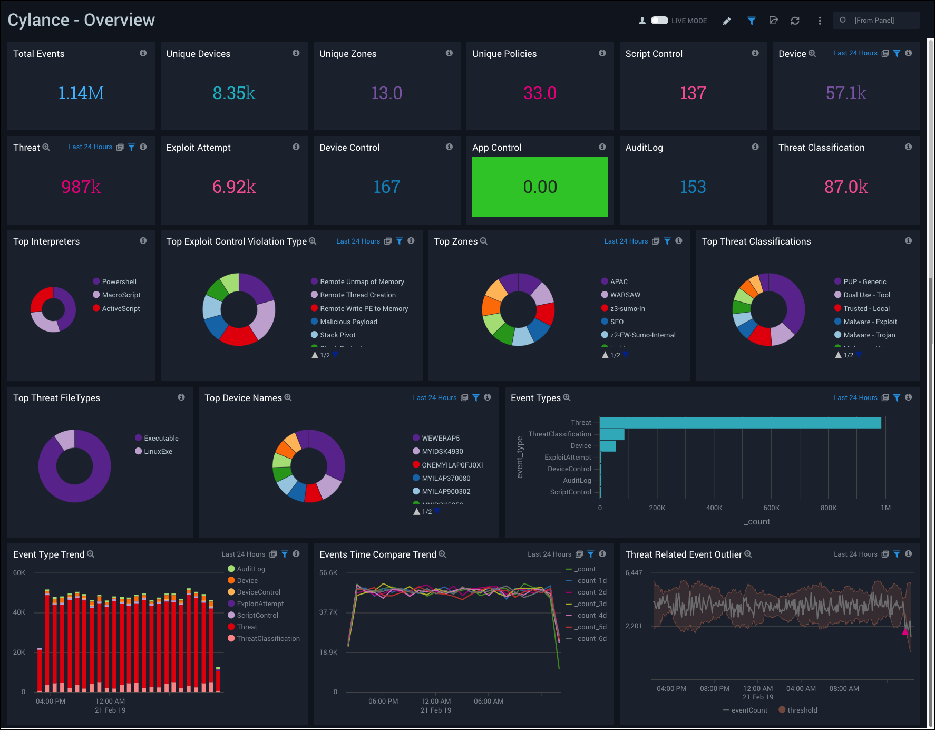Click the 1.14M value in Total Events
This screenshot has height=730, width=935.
pyautogui.click(x=81, y=93)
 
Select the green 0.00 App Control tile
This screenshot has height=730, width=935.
pyautogui.click(x=540, y=187)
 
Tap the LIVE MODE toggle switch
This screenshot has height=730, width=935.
pyautogui.click(x=659, y=21)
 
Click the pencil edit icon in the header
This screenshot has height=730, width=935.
pyautogui.click(x=726, y=21)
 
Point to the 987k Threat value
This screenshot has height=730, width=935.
pyautogui.click(x=81, y=187)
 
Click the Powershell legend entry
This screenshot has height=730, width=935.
pyautogui.click(x=119, y=281)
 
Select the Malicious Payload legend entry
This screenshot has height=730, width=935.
pyautogui.click(x=348, y=322)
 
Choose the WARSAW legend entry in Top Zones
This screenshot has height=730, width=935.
pyautogui.click(x=625, y=295)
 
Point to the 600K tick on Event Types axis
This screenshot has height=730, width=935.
pyautogui.click(x=771, y=508)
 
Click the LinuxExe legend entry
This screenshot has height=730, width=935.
pyautogui.click(x=158, y=451)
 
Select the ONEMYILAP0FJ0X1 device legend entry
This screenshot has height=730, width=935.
pyautogui.click(x=452, y=465)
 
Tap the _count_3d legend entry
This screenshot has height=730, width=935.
pyautogui.click(x=590, y=604)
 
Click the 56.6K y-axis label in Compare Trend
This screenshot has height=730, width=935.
pyautogui.click(x=328, y=572)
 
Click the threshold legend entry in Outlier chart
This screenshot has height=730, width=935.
pyautogui.click(x=801, y=710)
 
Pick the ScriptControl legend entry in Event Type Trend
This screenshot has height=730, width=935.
pyautogui.click(x=257, y=615)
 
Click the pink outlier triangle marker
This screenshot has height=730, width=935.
pyautogui.click(x=905, y=630)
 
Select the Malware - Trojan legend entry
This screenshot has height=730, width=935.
pyautogui.click(x=869, y=335)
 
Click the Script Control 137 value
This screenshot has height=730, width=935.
pyautogui.click(x=693, y=93)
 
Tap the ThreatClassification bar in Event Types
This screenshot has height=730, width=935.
pyautogui.click(x=612, y=434)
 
